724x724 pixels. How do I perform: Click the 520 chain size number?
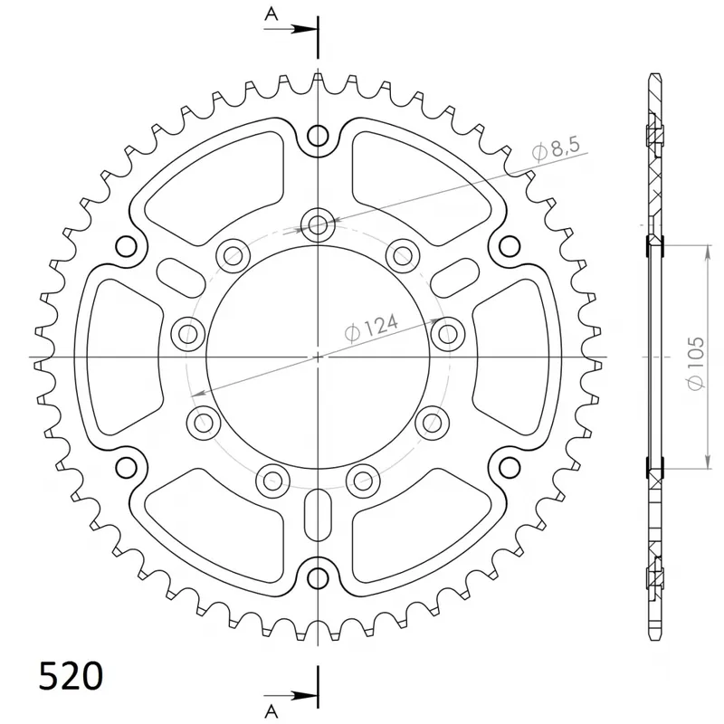coord(71,677)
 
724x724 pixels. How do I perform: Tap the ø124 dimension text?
coord(371,329)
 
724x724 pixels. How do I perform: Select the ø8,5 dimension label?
coord(556,149)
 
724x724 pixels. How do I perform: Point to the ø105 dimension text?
coord(696,364)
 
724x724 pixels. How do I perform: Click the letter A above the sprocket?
coord(271,14)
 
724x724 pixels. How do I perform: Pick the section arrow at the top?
coord(291,29)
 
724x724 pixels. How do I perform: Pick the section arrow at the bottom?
coord(291,694)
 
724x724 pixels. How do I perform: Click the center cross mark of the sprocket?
coord(318,357)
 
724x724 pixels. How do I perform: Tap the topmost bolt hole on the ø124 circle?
coord(318,225)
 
